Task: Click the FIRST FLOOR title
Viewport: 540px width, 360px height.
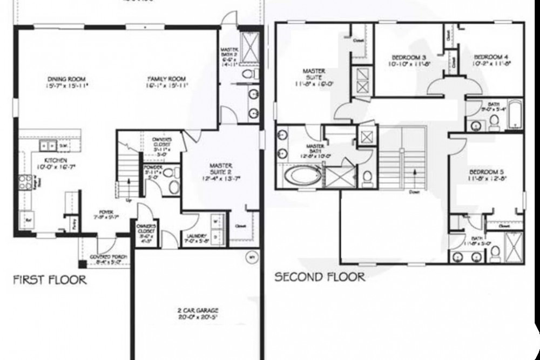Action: click(x=50, y=280)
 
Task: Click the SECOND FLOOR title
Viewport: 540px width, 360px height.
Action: click(x=320, y=277)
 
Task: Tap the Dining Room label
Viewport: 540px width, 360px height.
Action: click(x=67, y=82)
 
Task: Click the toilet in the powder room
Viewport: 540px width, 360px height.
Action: click(x=173, y=187)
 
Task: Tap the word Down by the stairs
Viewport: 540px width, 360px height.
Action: click(x=414, y=191)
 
